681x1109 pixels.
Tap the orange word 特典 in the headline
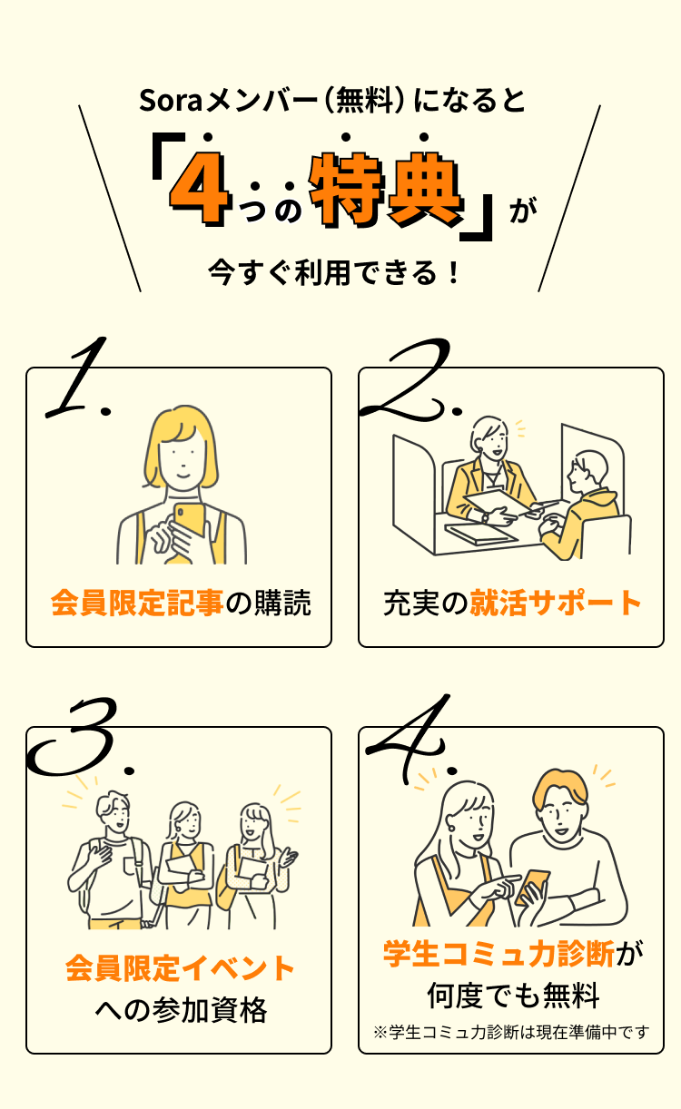pyautogui.click(x=386, y=189)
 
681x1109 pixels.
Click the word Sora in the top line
pyautogui.click(x=171, y=101)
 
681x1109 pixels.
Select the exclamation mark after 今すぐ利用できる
pyautogui.click(x=453, y=272)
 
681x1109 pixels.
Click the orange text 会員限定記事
pyautogui.click(x=137, y=603)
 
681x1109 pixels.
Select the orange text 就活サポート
pyautogui.click(x=555, y=603)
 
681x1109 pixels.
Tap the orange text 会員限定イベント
pyautogui.click(x=180, y=968)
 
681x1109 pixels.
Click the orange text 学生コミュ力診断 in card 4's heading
pyautogui.click(x=498, y=954)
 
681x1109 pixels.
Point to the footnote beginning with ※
pyautogui.click(x=511, y=1032)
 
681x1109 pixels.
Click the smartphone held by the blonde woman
pyautogui.click(x=189, y=520)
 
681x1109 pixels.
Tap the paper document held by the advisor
pyautogui.click(x=498, y=504)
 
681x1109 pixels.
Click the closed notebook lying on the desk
pyautogui.click(x=481, y=535)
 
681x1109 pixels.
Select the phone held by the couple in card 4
pyautogui.click(x=533, y=888)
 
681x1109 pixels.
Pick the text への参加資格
pyautogui.click(x=181, y=1010)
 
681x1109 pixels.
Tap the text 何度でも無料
pyautogui.click(x=513, y=996)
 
